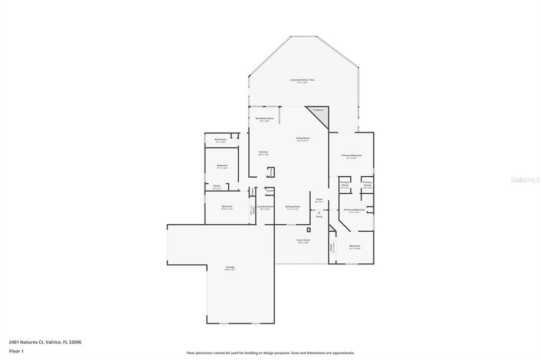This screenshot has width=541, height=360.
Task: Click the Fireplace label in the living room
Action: coord(318,110)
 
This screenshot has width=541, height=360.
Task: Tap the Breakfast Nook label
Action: coord(264,119)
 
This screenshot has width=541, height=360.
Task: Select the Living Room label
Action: coord(302,138)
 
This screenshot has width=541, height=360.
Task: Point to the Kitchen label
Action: coord(264,152)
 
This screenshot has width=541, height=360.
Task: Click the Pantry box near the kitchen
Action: coord(271,172)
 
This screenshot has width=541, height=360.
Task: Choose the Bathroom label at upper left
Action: coord(220,139)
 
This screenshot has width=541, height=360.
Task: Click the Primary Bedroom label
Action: coord(351,155)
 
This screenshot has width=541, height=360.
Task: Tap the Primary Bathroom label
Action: coord(354,210)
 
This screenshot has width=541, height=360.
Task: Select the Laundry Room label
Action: coord(265,206)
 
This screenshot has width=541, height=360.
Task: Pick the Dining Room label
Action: coord(293,206)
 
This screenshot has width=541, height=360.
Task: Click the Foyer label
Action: coord(319,200)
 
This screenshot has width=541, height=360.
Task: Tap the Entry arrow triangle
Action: coord(319,212)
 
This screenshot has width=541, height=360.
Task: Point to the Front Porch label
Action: coord(303,240)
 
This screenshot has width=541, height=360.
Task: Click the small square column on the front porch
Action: coord(309,230)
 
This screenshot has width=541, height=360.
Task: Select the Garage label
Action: coord(230,267)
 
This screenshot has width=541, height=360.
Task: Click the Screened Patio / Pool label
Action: coord(302,80)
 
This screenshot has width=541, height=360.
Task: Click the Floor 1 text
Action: coord(16,351)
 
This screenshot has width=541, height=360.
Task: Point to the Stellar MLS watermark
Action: coord(524,180)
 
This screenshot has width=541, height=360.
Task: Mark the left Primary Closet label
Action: coord(344,184)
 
